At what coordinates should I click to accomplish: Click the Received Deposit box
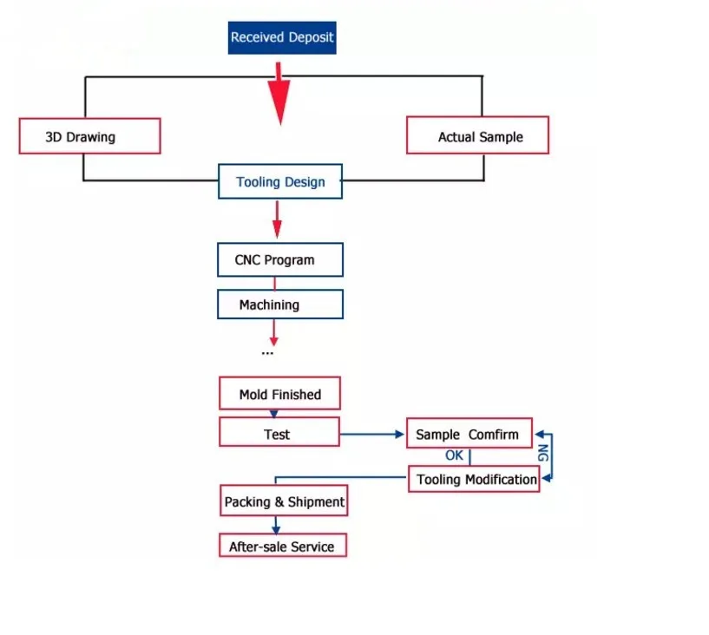(282, 37)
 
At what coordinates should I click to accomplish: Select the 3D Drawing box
(89, 136)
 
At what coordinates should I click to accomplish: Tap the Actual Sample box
(477, 135)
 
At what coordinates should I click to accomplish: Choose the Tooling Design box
(280, 181)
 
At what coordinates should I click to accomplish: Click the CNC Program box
(280, 260)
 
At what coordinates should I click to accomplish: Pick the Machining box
(280, 304)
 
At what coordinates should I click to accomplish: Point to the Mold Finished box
(280, 393)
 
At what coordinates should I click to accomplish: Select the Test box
(279, 432)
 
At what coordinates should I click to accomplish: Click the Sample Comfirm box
(469, 433)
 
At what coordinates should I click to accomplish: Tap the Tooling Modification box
(474, 479)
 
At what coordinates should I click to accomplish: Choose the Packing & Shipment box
(284, 501)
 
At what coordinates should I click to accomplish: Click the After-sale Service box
(283, 545)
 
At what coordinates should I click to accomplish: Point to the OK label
(454, 455)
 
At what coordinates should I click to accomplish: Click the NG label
(542, 453)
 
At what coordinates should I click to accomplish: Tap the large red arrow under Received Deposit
(279, 94)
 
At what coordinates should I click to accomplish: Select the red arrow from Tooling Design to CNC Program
(277, 219)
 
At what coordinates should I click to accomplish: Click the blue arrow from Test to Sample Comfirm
(372, 435)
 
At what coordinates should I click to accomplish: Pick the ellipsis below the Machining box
(267, 353)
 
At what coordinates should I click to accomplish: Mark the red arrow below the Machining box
(273, 332)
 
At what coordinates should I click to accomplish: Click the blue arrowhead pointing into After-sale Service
(276, 529)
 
